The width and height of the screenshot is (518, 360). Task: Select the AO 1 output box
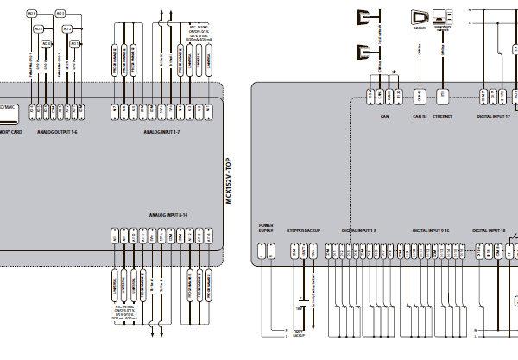pyautogui.click(x=74, y=43)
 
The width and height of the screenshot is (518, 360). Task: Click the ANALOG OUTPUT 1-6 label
pyautogui.click(x=58, y=133)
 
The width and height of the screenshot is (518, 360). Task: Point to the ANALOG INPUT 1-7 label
pyautogui.click(x=162, y=133)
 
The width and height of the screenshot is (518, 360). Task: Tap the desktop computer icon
pyautogui.click(x=443, y=16)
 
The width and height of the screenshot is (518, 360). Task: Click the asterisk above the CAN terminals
pyautogui.click(x=395, y=72)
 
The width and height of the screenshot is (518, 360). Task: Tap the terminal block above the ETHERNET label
pyautogui.click(x=442, y=94)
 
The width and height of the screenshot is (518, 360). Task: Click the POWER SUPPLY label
pyautogui.click(x=265, y=228)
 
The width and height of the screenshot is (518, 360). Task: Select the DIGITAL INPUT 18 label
pyautogui.click(x=489, y=231)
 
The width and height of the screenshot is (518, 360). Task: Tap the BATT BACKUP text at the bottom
pyautogui.click(x=299, y=332)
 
